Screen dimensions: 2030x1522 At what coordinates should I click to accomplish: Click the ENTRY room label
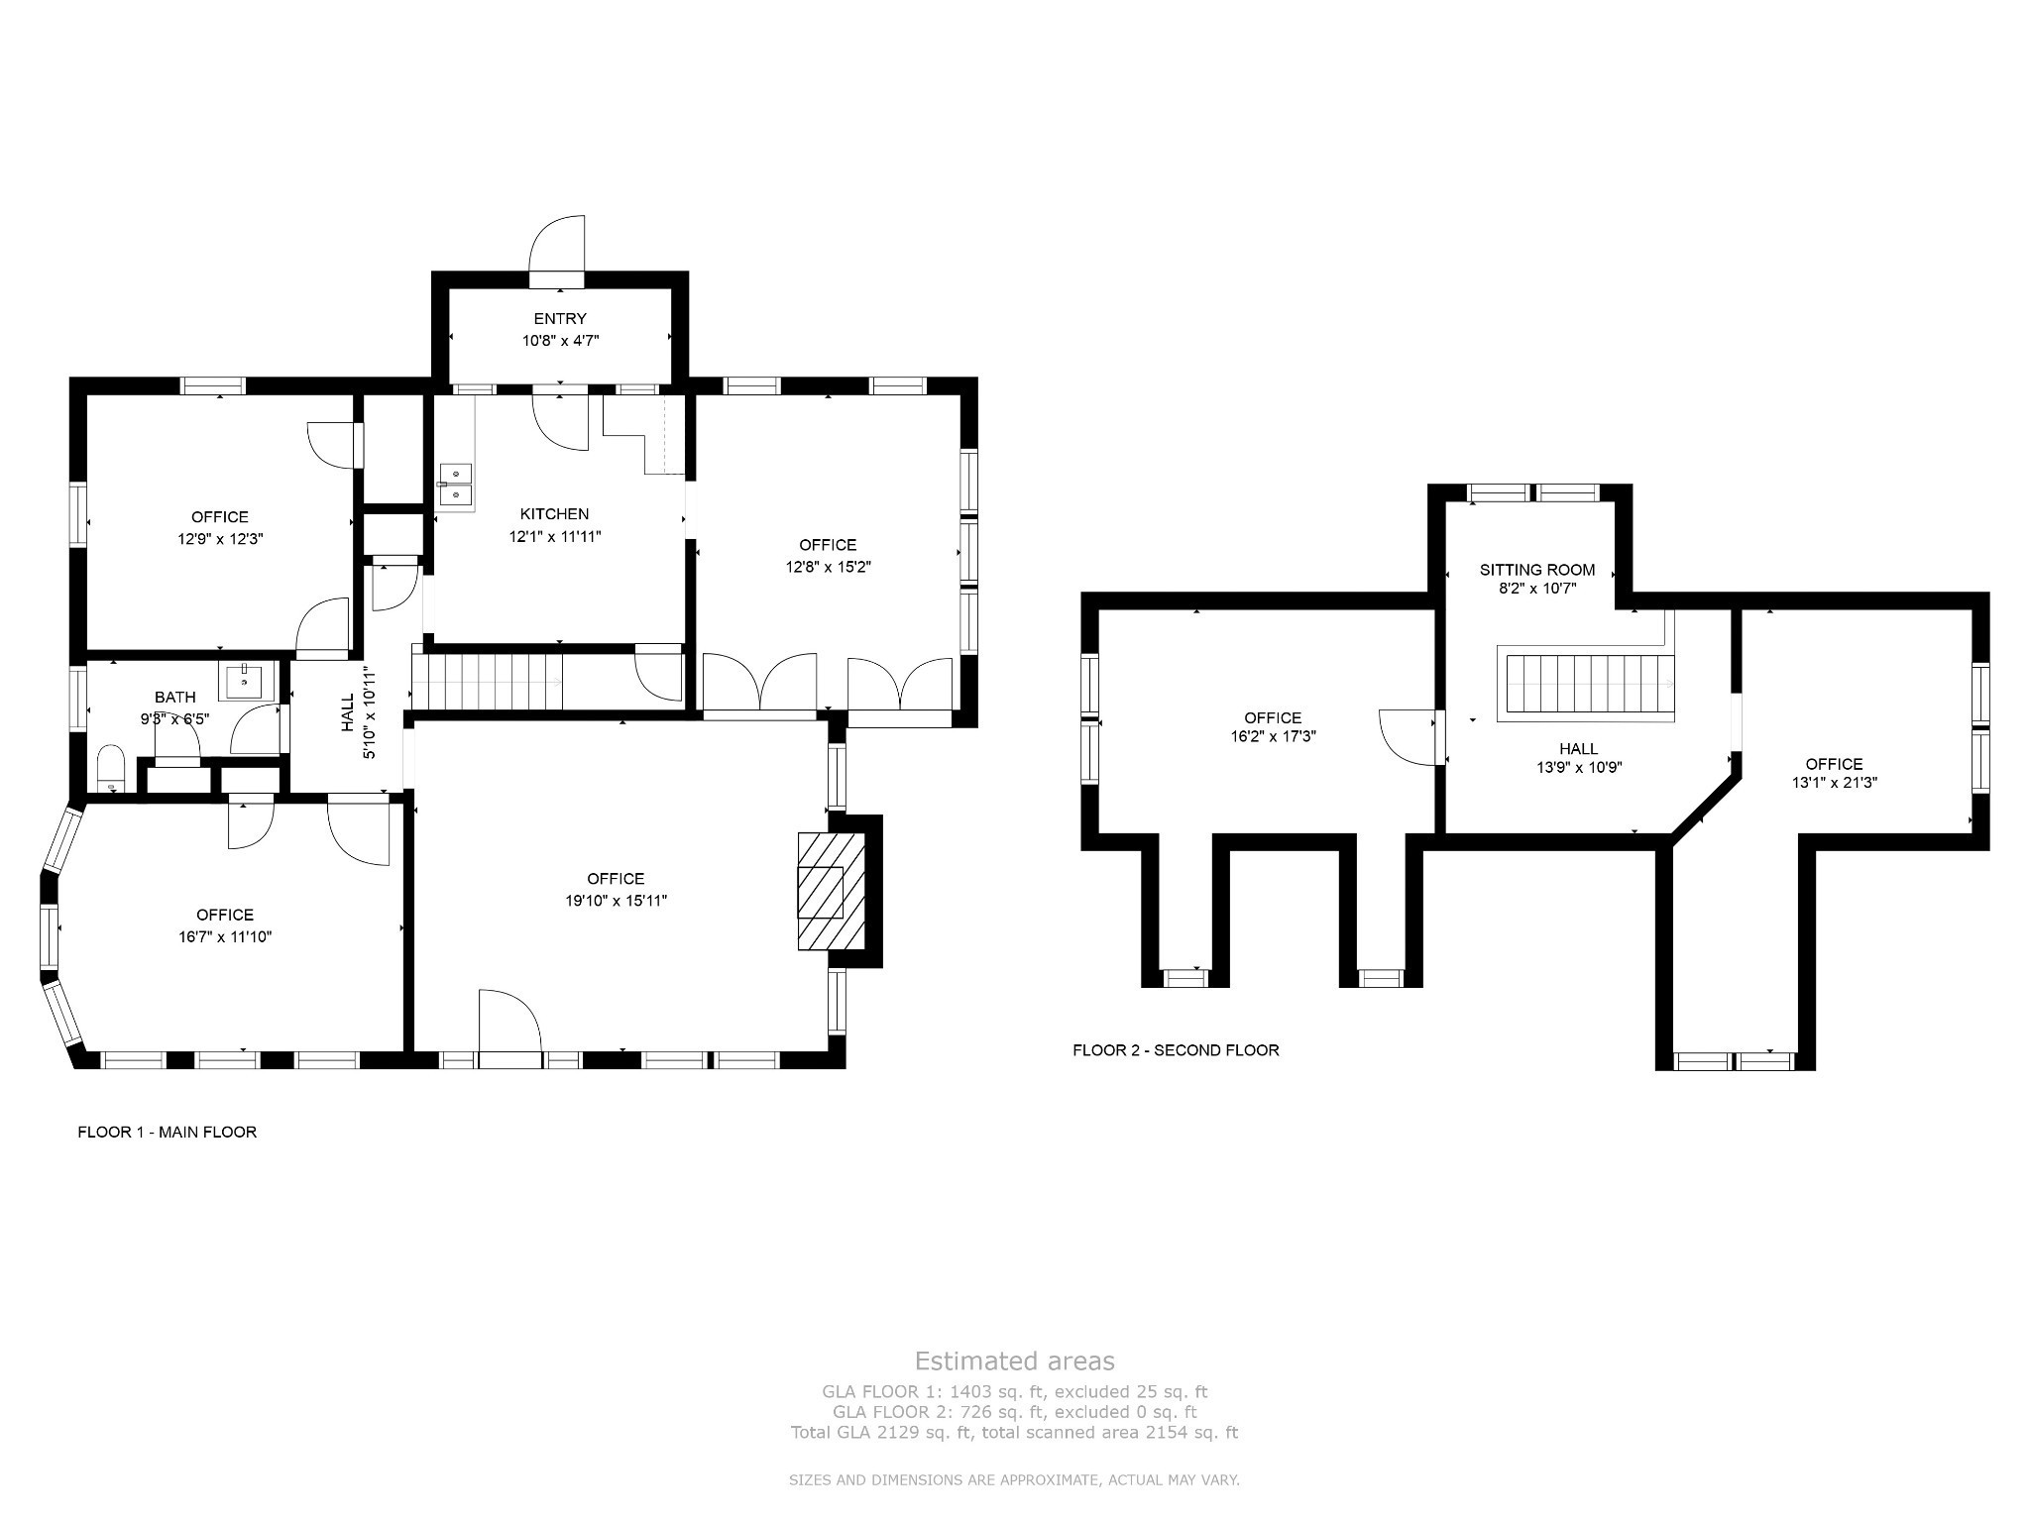[x=560, y=319]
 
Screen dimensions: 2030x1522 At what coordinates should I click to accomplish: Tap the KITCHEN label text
[x=554, y=514]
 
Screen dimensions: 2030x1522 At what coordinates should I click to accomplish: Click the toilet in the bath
[x=111, y=769]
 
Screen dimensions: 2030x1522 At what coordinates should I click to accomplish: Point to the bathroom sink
[x=244, y=682]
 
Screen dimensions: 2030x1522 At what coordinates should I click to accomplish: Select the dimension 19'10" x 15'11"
[x=616, y=901]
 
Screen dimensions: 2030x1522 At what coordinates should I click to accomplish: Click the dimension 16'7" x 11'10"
[x=225, y=936]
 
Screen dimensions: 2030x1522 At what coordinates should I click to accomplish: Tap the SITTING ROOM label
[x=1537, y=570]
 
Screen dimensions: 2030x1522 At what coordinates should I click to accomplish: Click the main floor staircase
[x=487, y=682]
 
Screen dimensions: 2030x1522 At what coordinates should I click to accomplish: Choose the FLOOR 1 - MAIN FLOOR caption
[x=168, y=1132]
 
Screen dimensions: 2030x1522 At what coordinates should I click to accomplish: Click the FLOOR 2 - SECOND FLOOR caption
[x=1176, y=1050]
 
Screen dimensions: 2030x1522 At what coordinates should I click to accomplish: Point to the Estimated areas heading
[x=1014, y=1360]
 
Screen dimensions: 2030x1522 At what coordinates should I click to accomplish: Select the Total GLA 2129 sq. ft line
[x=1014, y=1433]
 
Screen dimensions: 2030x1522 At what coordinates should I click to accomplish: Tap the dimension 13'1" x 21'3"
[x=1834, y=782]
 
